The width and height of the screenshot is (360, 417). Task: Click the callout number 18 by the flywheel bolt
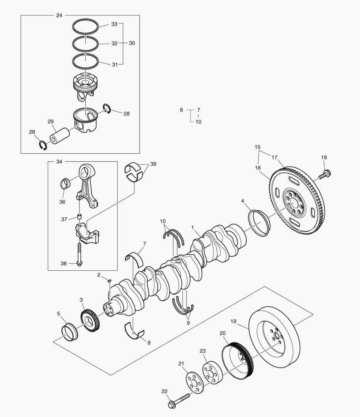324,158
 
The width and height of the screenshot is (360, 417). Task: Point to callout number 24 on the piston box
59,15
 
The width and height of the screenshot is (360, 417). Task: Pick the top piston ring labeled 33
85,26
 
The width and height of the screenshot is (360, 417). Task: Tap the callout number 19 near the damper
233,321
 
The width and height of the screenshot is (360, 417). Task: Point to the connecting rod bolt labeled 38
79,253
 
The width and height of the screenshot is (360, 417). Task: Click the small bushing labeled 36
66,183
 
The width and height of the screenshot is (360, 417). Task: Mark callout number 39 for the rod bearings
153,164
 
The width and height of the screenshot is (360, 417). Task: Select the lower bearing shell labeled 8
134,331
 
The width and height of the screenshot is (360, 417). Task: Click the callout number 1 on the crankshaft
192,228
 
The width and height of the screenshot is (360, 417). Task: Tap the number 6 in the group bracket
181,110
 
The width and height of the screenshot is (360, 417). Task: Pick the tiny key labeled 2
109,281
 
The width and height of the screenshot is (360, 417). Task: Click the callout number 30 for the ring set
132,43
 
